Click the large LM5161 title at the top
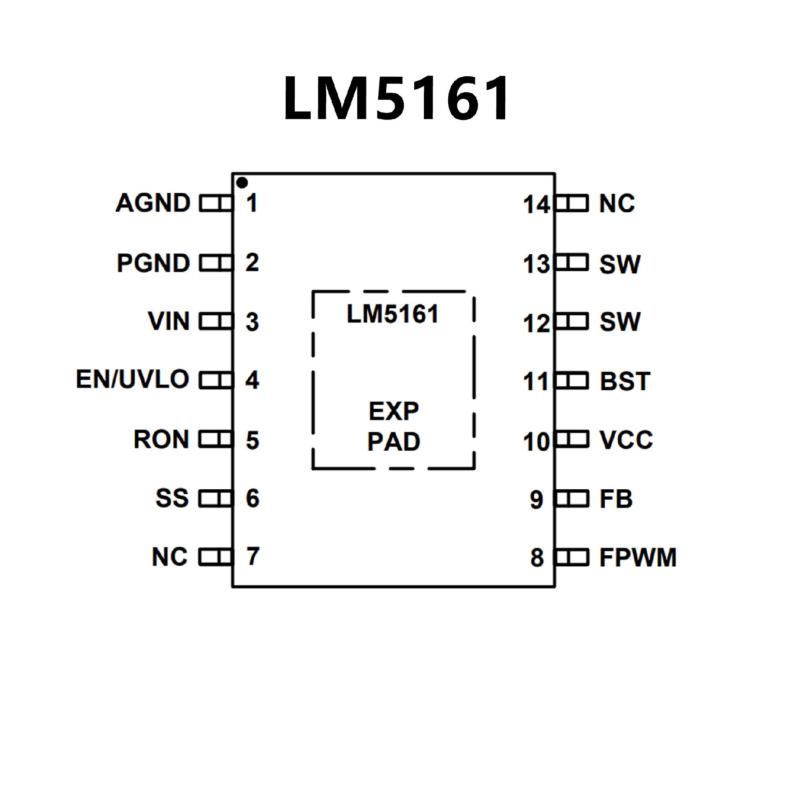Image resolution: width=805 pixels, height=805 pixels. [396, 99]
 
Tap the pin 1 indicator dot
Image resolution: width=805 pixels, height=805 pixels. [242, 183]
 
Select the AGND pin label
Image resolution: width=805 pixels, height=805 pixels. [153, 203]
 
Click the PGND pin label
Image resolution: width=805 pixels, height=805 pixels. [153, 263]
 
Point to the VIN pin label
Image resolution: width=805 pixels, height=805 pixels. [169, 322]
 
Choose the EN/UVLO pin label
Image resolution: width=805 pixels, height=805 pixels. [132, 379]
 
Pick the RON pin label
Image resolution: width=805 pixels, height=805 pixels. [161, 439]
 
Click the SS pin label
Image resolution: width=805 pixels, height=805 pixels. [172, 498]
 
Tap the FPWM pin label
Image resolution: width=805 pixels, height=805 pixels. [638, 558]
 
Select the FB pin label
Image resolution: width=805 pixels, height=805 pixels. [615, 499]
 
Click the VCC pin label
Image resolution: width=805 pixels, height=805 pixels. [626, 440]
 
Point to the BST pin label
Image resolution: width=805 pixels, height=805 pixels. [625, 382]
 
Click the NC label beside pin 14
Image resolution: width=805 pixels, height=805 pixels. [617, 204]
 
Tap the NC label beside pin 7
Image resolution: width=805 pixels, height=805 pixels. [170, 557]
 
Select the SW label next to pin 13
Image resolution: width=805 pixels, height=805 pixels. [620, 265]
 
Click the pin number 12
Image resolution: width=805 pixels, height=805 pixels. [536, 324]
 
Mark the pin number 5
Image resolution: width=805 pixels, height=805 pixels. [252, 440]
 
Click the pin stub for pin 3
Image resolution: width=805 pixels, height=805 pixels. [216, 322]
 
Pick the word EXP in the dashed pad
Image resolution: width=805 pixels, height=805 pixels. [394, 411]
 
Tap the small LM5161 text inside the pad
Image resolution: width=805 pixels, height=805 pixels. [392, 314]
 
